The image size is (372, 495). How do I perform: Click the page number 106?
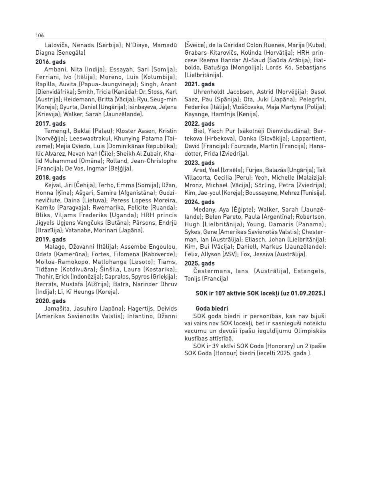[40, 36]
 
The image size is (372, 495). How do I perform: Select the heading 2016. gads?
[50, 62]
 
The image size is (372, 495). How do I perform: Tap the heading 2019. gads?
[50, 240]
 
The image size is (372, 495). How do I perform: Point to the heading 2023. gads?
[200, 163]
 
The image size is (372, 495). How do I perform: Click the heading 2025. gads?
[200, 263]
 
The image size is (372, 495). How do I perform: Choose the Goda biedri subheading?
[212, 308]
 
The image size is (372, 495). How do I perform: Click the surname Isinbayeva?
[141, 107]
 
